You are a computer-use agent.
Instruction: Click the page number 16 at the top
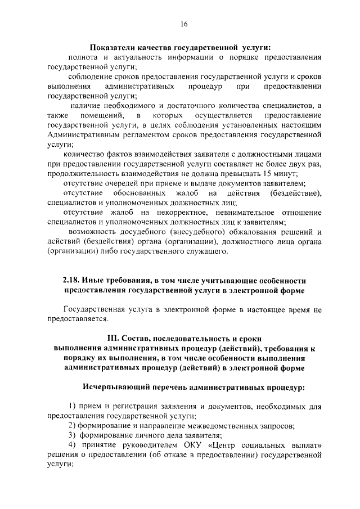pos(184,24)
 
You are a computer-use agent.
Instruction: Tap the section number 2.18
pos(71,281)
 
